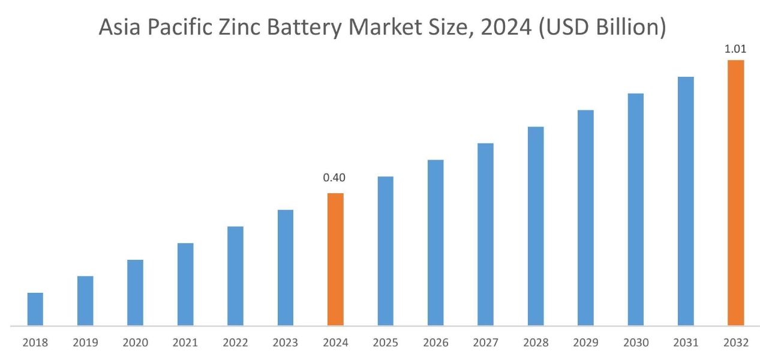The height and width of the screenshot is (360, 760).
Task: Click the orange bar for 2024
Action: (335, 259)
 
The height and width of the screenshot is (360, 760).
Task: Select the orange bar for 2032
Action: (735, 193)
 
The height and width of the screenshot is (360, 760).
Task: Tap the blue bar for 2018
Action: (35, 309)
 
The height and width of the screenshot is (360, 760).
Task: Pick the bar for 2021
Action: (185, 284)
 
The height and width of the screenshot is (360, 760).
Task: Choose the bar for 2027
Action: (485, 235)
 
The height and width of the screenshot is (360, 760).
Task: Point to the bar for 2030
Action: (635, 209)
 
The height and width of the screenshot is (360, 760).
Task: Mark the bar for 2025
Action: (385, 251)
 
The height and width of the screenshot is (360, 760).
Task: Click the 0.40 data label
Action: (334, 178)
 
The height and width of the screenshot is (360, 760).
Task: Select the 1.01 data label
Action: (735, 49)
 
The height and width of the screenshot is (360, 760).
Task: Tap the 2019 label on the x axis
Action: (85, 343)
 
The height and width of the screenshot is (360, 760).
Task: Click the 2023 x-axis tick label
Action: (285, 343)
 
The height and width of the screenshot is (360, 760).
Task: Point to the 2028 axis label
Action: (535, 343)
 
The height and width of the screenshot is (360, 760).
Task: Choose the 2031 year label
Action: (686, 343)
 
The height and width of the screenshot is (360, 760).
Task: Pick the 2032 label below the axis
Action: (735, 343)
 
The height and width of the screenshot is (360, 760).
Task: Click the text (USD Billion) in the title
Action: (602, 28)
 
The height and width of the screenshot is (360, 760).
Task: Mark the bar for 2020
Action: (135, 293)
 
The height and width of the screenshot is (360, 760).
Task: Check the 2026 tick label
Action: (435, 343)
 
